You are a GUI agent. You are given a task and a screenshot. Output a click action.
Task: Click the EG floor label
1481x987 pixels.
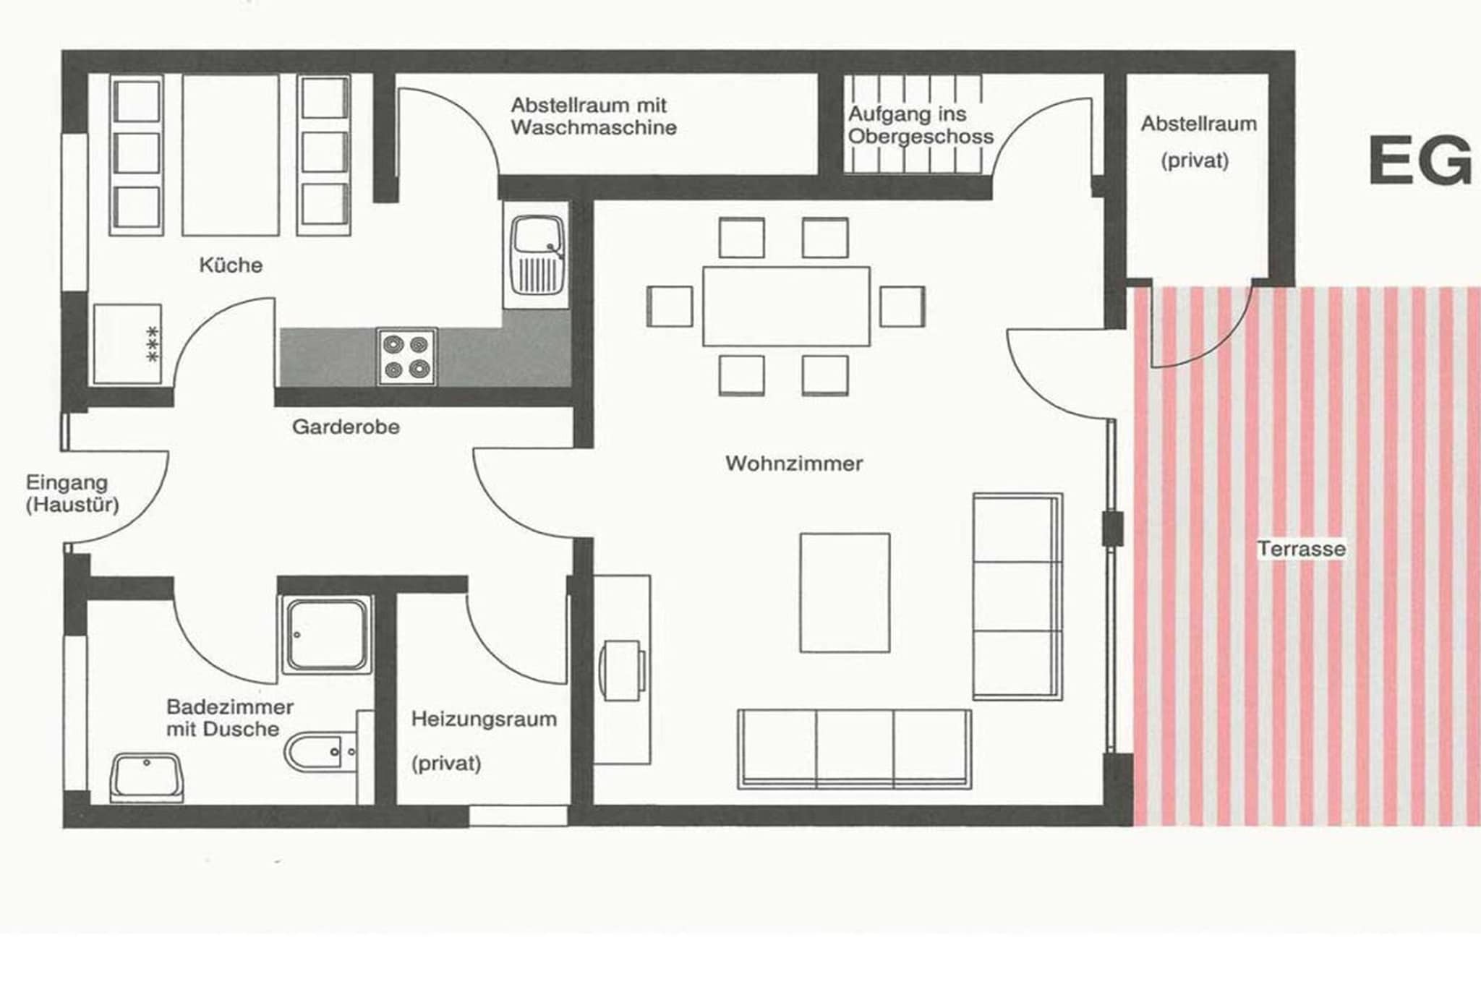pyautogui.click(x=1420, y=161)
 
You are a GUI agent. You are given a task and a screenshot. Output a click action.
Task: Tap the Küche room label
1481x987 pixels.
pyautogui.click(x=231, y=265)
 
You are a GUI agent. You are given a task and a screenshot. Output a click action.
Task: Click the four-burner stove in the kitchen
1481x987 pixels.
pyautogui.click(x=406, y=356)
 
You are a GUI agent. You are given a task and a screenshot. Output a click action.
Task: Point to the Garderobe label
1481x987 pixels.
pyautogui.click(x=346, y=427)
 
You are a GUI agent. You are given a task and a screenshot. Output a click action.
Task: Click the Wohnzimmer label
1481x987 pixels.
pyautogui.click(x=794, y=463)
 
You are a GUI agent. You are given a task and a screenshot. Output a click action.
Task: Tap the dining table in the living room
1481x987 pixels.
pyautogui.click(x=786, y=307)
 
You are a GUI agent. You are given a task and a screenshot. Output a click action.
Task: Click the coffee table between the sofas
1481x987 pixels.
pyautogui.click(x=845, y=593)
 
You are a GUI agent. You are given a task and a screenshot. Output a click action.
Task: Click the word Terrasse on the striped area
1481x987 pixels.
pyautogui.click(x=1301, y=549)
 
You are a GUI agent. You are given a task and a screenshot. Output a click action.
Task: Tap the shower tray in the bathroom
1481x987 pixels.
pyautogui.click(x=327, y=635)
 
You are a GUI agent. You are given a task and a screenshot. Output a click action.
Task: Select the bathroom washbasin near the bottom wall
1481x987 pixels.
pyautogui.click(x=147, y=777)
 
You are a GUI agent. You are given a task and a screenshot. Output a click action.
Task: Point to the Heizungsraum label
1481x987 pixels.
pyautogui.click(x=484, y=719)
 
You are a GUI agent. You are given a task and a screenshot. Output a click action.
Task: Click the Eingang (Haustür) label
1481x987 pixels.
pyautogui.click(x=72, y=493)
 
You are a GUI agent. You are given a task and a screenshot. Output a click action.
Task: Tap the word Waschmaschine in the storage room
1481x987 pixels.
pyautogui.click(x=594, y=128)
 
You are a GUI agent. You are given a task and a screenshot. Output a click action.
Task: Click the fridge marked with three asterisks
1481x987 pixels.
pyautogui.click(x=127, y=343)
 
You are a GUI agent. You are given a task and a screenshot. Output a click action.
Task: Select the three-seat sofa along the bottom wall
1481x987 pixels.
pyautogui.click(x=853, y=748)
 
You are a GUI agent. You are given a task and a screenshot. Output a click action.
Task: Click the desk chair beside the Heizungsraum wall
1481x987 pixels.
pyautogui.click(x=622, y=670)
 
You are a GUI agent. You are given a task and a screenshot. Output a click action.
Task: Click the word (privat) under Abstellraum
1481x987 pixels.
pyautogui.click(x=1195, y=161)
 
